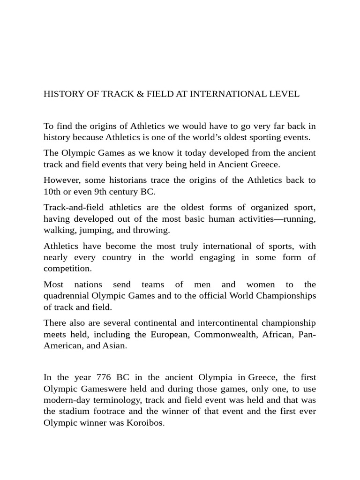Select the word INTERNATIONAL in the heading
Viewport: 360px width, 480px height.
(x=224, y=94)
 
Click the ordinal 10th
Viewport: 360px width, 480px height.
(x=52, y=192)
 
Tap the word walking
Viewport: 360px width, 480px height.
(x=60, y=230)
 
